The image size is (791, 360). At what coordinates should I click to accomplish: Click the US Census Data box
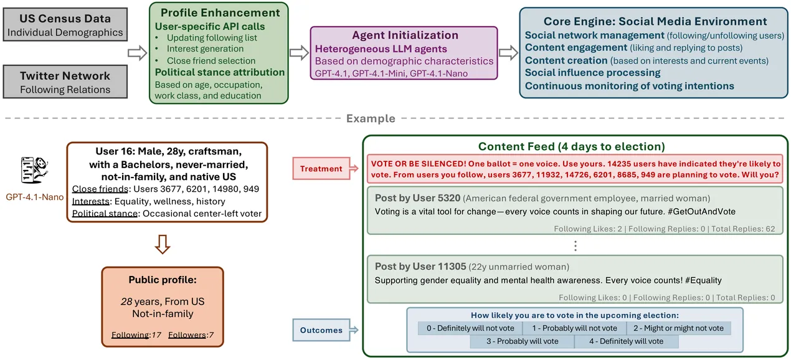pyautogui.click(x=65, y=25)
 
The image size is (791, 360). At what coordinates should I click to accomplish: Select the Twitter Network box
pyautogui.click(x=65, y=82)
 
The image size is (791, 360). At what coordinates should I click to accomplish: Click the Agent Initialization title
pyautogui.click(x=405, y=36)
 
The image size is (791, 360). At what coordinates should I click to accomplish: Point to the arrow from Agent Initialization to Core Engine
pyautogui.click(x=509, y=52)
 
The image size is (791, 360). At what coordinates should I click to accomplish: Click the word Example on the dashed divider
pyautogui.click(x=371, y=118)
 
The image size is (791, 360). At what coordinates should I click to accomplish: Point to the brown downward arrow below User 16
pyautogui.click(x=162, y=245)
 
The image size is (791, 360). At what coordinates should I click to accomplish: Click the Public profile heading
pyautogui.click(x=161, y=280)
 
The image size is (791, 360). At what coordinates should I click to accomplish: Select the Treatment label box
pyautogui.click(x=321, y=168)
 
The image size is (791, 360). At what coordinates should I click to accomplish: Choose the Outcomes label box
pyautogui.click(x=321, y=330)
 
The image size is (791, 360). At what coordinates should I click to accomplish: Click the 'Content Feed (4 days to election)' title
pyautogui.click(x=571, y=147)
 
